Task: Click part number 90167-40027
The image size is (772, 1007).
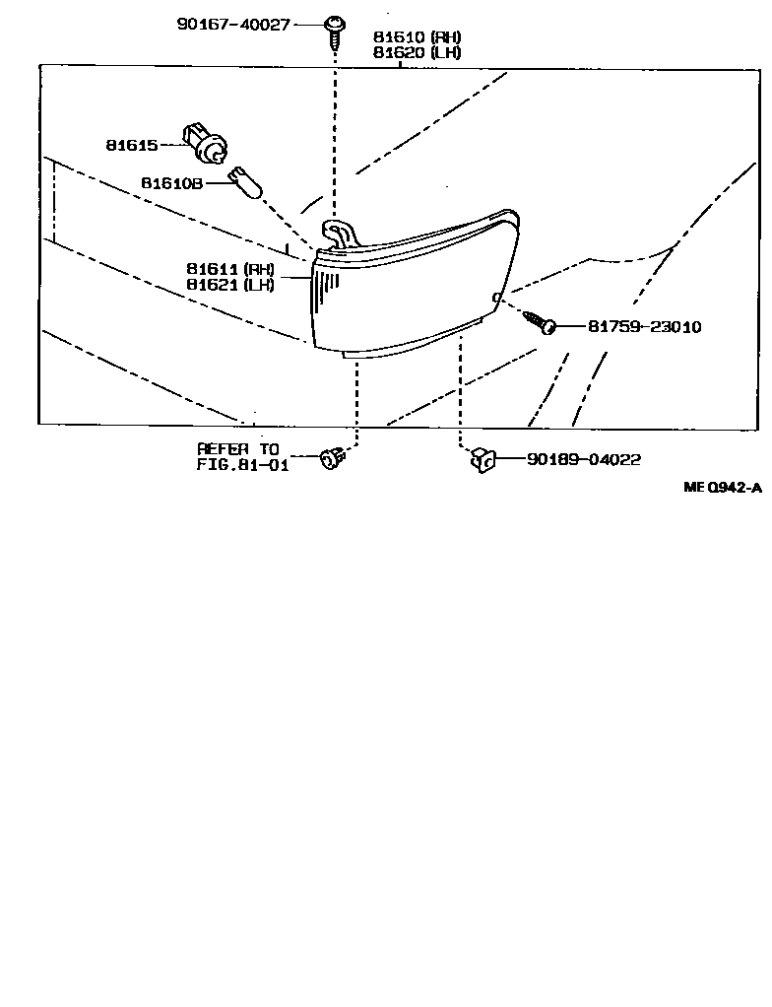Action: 232,23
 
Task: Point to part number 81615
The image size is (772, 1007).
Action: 132,146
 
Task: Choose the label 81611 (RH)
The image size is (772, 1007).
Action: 229,268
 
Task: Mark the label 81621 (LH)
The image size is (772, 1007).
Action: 229,285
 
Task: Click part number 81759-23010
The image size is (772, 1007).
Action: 644,326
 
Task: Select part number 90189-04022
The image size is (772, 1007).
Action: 584,459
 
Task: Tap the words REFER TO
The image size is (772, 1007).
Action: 238,449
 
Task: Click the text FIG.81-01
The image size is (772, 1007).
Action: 243,465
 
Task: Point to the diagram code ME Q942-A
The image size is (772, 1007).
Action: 724,487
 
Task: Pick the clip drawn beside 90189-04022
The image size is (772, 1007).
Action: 482,458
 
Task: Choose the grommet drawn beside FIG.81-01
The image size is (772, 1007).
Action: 332,458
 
